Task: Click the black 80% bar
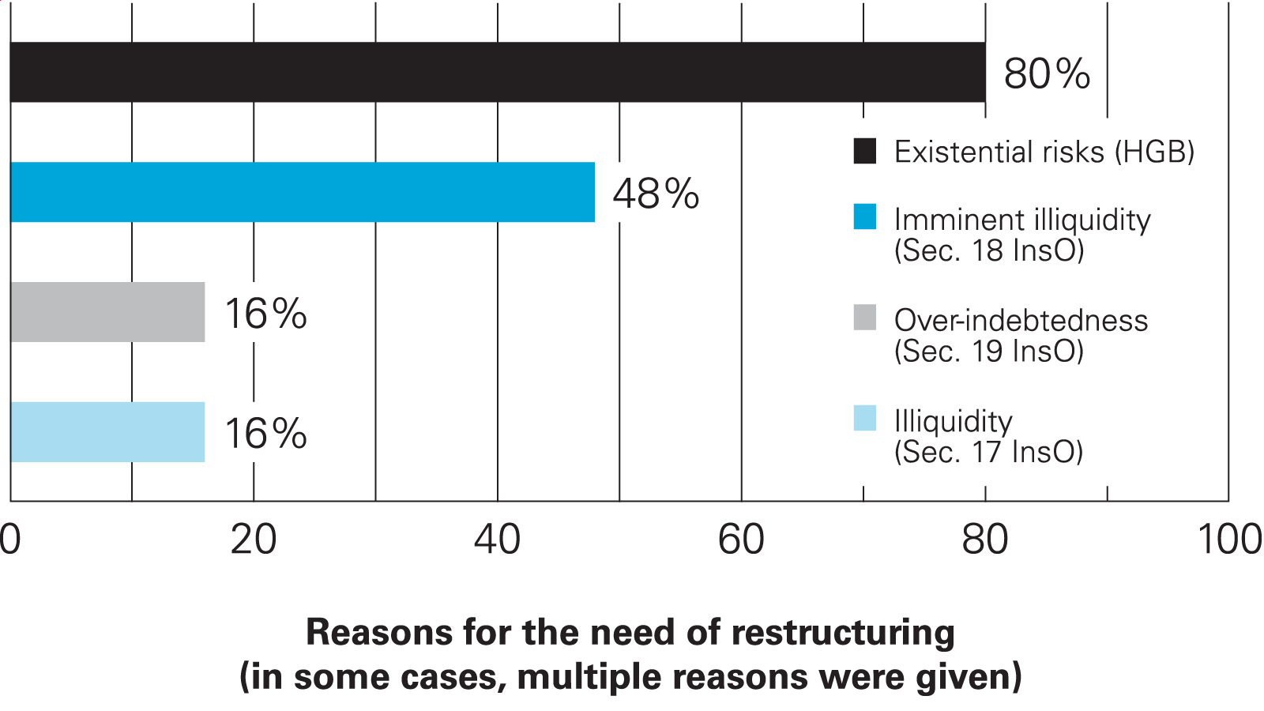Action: point(498,72)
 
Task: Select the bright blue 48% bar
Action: point(303,192)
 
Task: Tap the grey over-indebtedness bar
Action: point(107,312)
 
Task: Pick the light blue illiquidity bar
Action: point(107,432)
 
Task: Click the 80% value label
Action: point(1047,73)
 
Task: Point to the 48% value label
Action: point(656,194)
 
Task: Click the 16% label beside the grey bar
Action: point(265,314)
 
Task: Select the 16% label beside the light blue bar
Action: point(265,434)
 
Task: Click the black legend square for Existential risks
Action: point(865,151)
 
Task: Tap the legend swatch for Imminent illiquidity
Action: point(865,217)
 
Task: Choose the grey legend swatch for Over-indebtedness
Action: point(865,318)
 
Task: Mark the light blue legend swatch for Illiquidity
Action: point(865,418)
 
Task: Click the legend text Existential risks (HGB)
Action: point(1044,152)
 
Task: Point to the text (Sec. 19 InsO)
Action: point(988,351)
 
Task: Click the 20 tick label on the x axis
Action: point(254,540)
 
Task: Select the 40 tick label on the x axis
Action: point(498,540)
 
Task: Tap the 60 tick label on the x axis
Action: point(741,540)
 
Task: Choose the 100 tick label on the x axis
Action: point(1229,540)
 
